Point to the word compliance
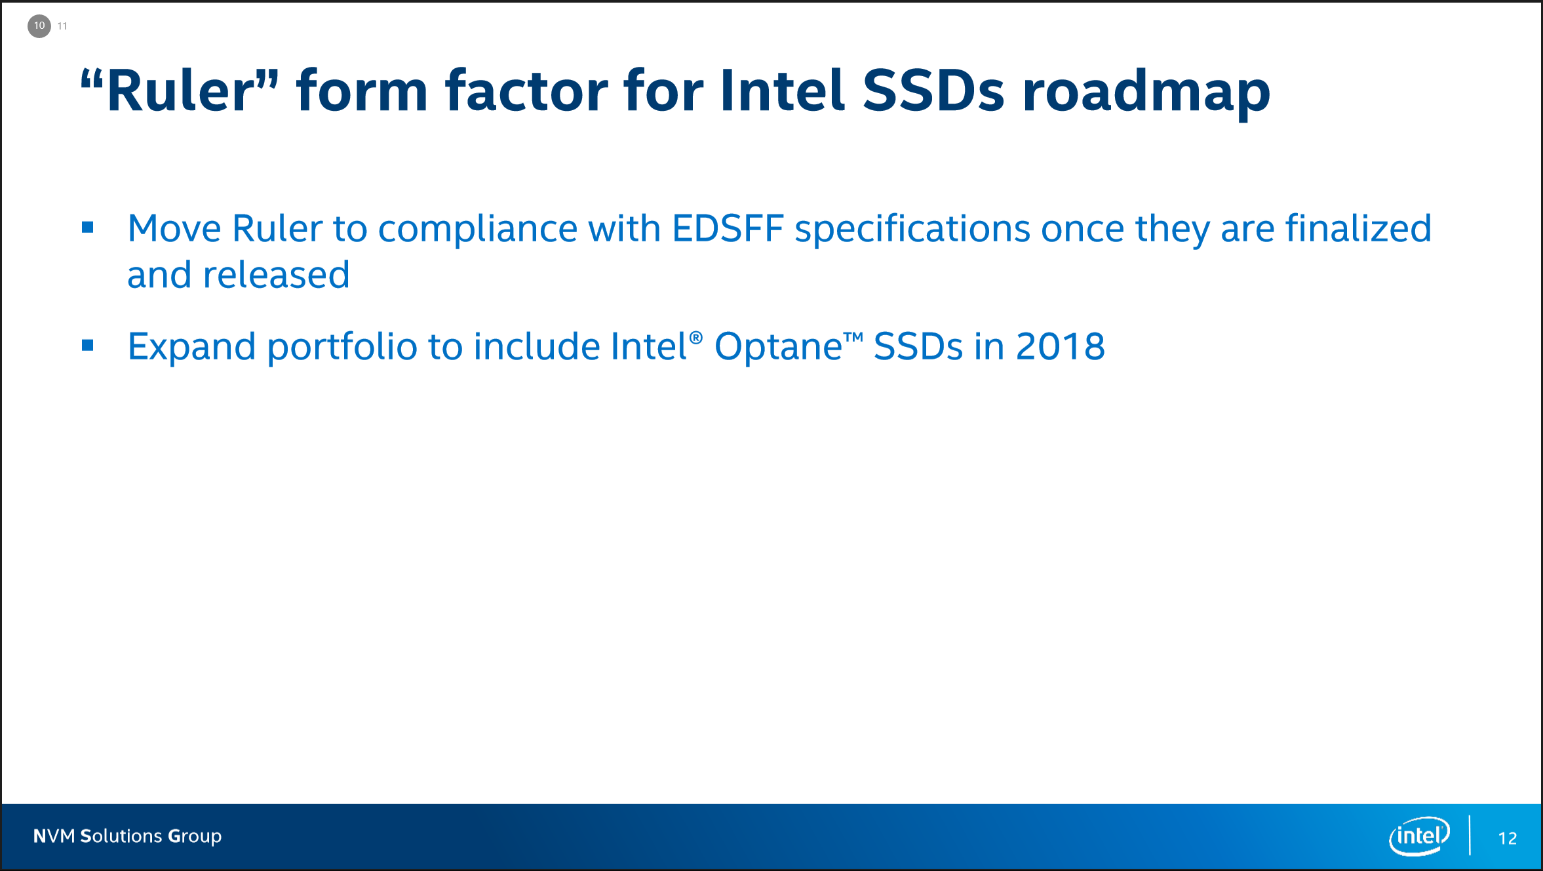[477, 232]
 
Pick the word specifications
[912, 232]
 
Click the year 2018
[1060, 346]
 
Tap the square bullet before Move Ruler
[88, 228]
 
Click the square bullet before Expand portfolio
[88, 345]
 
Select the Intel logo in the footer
[1419, 836]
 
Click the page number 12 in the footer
[1508, 838]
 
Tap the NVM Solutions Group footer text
[127, 836]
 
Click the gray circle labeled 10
[39, 26]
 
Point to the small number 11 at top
[62, 26]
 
